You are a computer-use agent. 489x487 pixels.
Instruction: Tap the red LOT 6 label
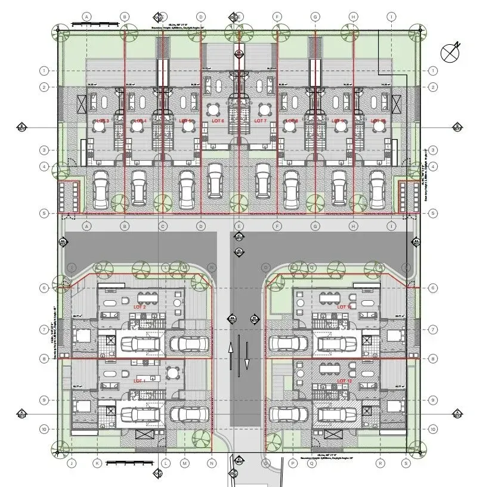(218, 121)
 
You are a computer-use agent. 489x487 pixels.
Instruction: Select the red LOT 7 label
(261, 121)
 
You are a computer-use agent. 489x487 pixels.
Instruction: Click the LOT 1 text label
(140, 380)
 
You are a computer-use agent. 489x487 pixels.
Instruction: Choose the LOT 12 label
(345, 380)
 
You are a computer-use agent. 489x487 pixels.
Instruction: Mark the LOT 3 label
(102, 121)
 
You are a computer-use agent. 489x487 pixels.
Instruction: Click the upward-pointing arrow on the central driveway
(231, 356)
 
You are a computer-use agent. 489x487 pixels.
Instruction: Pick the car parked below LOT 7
(262, 179)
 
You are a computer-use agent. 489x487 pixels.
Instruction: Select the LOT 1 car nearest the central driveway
(189, 414)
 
